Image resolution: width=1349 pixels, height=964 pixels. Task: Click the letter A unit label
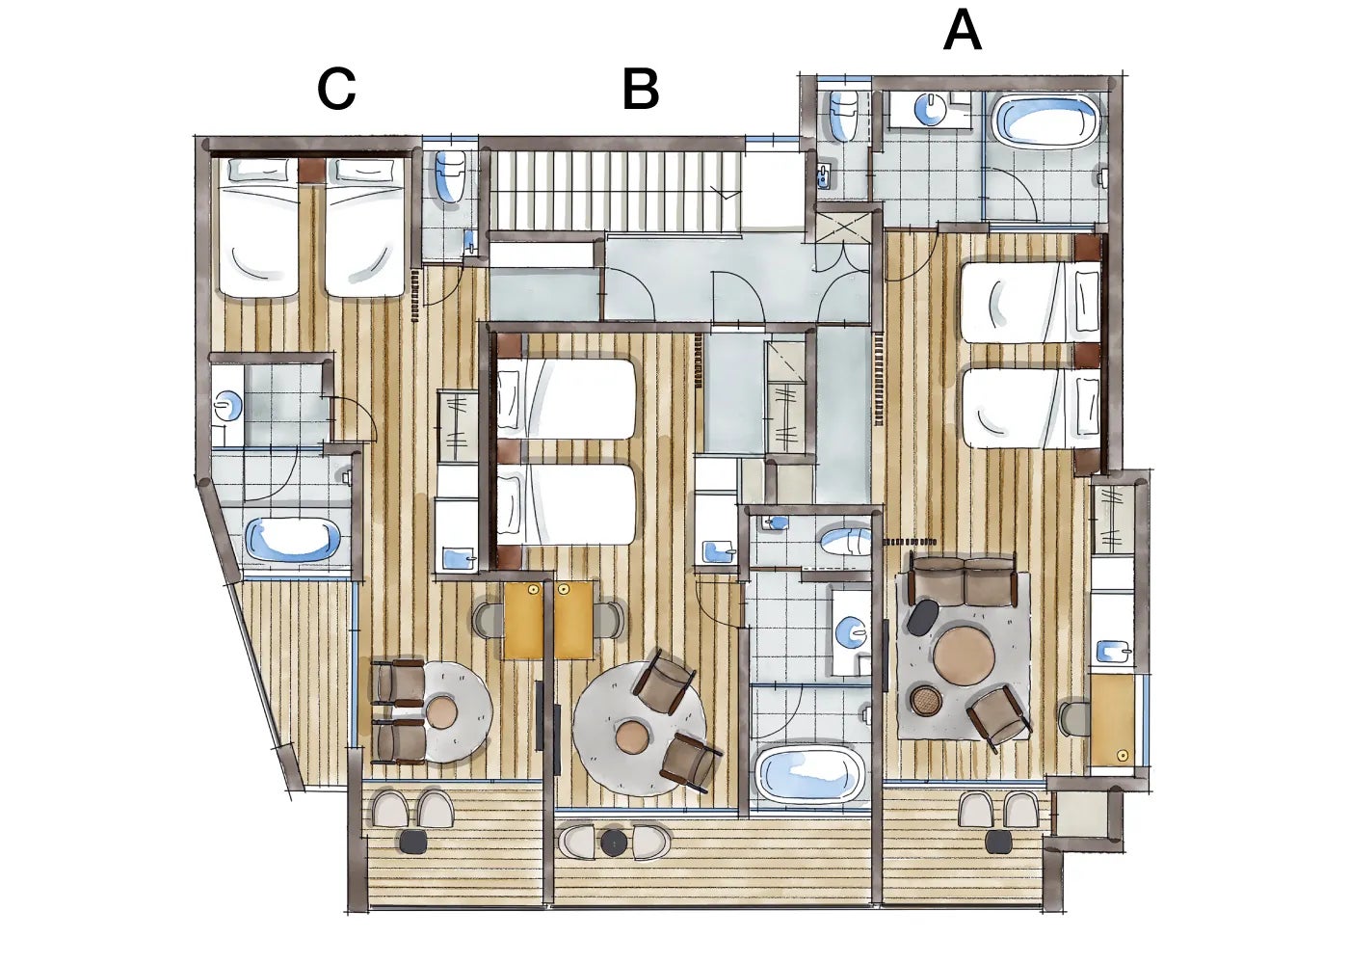tap(963, 31)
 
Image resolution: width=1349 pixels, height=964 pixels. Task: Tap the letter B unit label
tap(641, 90)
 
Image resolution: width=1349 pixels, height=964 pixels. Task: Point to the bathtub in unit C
tap(293, 540)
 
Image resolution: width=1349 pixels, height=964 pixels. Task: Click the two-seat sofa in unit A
tap(965, 582)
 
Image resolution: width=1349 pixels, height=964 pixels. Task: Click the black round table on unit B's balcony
tap(616, 842)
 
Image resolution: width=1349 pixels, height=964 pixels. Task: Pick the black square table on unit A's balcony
tap(999, 841)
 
